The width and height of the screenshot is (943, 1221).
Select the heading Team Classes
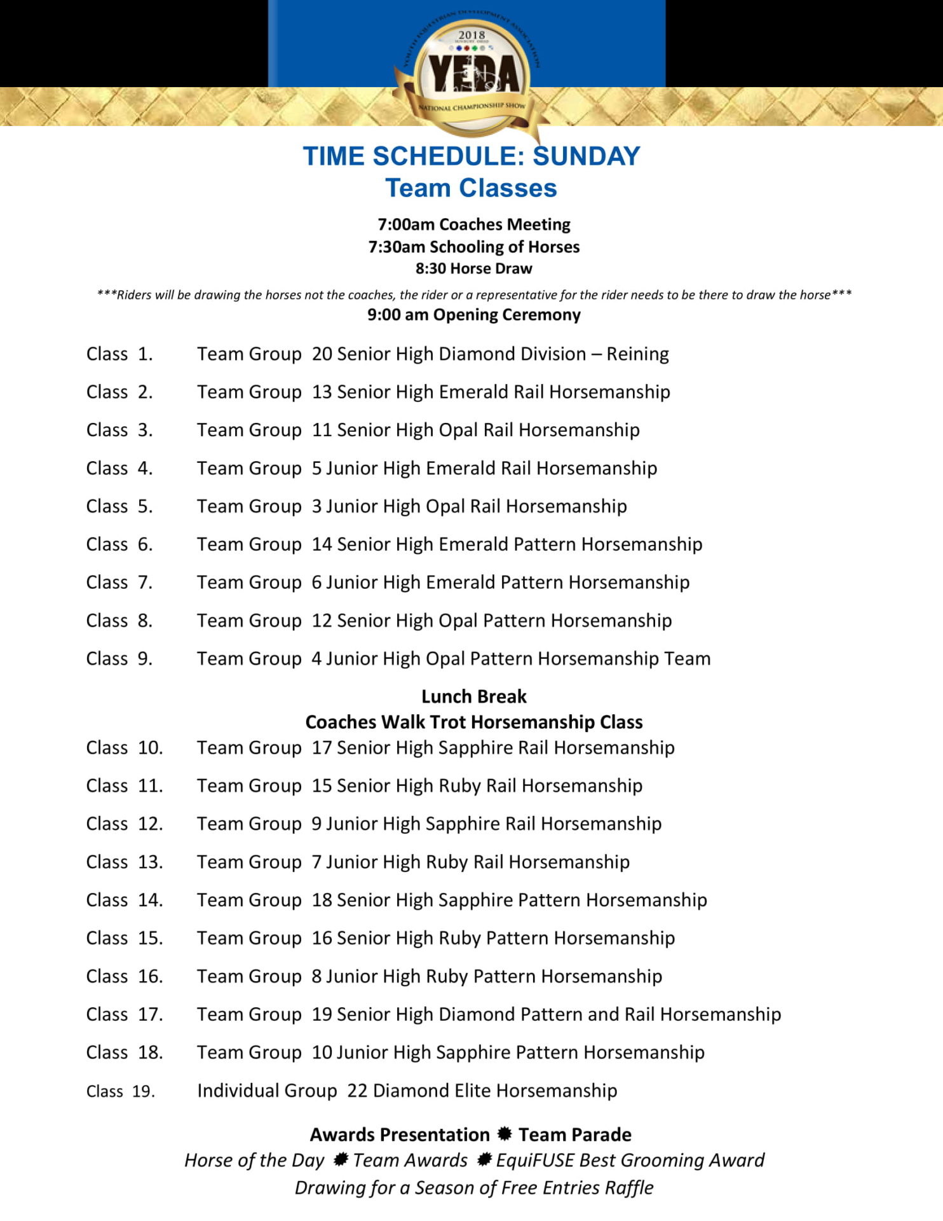(471, 188)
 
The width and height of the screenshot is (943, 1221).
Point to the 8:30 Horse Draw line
(473, 268)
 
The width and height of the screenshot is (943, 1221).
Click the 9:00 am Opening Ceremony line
(473, 315)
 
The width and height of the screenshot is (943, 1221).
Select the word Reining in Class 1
(637, 354)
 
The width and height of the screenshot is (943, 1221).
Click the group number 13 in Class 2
(322, 392)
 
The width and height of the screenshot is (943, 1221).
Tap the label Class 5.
(119, 507)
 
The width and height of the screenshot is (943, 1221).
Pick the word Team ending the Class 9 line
(688, 659)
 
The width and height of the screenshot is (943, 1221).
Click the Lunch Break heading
(473, 697)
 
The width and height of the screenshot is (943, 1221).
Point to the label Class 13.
(125, 862)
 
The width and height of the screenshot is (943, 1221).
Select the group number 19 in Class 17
(322, 1014)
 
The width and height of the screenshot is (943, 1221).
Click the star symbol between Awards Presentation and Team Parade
(505, 1134)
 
